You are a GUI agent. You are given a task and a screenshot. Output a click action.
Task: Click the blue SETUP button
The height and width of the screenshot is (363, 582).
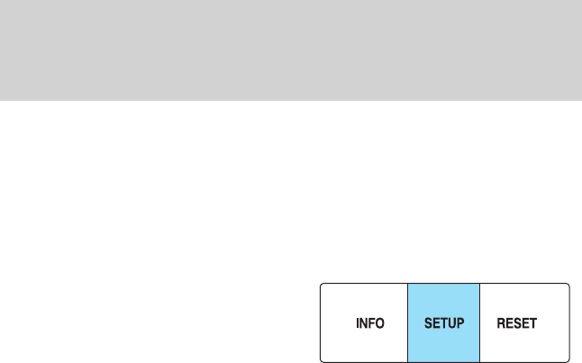[444, 322]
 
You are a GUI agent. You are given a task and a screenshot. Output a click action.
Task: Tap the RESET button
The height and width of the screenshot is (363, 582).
[524, 322]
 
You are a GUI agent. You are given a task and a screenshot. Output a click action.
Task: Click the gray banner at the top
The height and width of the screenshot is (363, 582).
[291, 50]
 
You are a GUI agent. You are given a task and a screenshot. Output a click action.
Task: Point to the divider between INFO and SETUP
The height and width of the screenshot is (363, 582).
[408, 322]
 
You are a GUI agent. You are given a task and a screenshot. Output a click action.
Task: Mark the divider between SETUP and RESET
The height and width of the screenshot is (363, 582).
[480, 322]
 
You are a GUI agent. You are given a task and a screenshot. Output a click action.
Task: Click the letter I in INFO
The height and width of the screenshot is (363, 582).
[358, 322]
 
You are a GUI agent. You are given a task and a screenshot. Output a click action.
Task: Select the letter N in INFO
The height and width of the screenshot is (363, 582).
[364, 322]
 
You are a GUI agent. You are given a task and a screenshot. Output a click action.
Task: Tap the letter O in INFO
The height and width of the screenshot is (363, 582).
[380, 322]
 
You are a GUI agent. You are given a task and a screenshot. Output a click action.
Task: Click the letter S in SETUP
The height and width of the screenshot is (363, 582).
[429, 322]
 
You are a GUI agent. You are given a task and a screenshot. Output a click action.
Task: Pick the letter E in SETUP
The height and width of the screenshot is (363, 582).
[436, 322]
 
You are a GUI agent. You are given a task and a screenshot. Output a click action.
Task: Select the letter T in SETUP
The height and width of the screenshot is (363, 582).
[443, 322]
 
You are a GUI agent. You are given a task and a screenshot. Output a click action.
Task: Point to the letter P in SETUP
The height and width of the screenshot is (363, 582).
[460, 322]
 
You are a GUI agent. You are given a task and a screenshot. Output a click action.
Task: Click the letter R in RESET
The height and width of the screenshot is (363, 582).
[502, 322]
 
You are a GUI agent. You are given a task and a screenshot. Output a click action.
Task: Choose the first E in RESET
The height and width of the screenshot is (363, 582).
[510, 322]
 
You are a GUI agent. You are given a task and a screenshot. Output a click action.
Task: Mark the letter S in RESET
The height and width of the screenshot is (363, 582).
[518, 322]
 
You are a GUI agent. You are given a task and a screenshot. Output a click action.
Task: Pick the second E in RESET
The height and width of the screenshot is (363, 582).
[526, 322]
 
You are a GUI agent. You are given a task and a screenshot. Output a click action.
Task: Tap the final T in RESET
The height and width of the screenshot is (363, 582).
[533, 322]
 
